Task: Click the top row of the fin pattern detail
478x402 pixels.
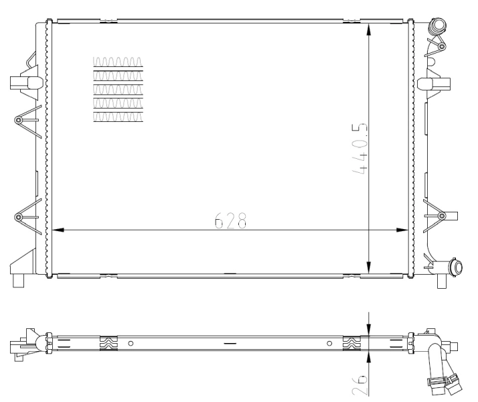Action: pyautogui.click(x=118, y=62)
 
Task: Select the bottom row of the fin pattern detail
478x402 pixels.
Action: pyautogui.click(x=118, y=117)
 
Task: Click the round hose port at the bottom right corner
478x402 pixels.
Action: pyautogui.click(x=457, y=268)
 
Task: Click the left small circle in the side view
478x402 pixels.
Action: pyautogui.click(x=131, y=343)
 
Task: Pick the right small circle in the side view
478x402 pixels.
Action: pyautogui.click(x=329, y=343)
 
